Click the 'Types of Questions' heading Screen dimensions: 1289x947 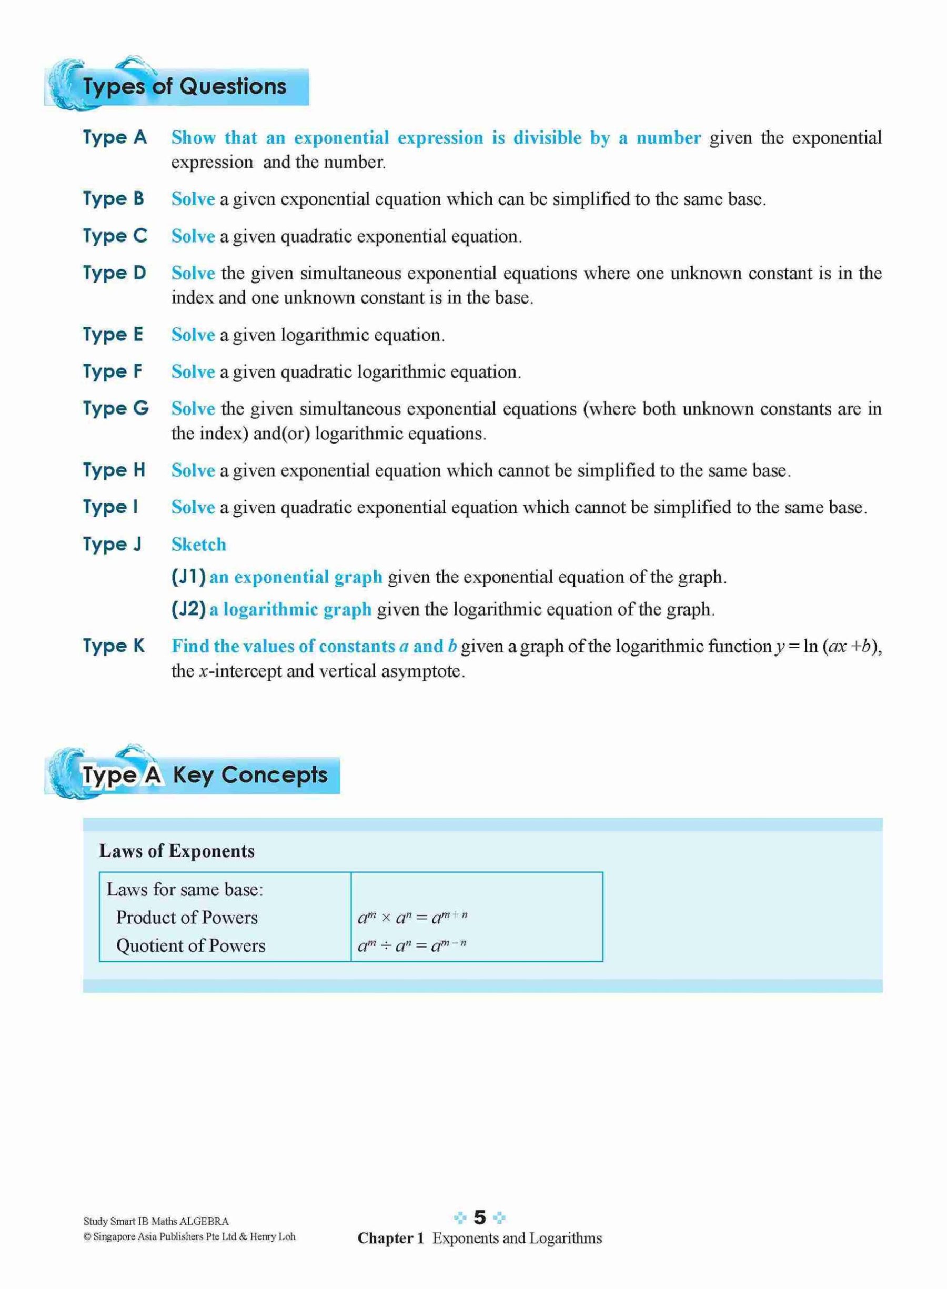point(184,86)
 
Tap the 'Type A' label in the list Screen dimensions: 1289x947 point(115,137)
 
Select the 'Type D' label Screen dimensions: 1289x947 point(115,273)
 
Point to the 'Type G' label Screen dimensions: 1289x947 point(115,408)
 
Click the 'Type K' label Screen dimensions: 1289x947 point(114,646)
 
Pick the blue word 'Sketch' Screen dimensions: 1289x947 point(198,545)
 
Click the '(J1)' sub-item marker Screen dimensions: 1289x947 point(188,577)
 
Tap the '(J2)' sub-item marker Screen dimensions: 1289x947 point(188,609)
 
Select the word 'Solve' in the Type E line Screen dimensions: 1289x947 point(193,335)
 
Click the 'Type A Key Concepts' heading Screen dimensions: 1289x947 point(205,775)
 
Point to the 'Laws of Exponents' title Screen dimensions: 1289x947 point(177,851)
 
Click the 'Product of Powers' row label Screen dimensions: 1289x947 point(187,918)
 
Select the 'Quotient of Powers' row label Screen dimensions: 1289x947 point(190,945)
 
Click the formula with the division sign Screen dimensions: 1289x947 point(411,945)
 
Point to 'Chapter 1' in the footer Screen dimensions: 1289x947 point(390,1238)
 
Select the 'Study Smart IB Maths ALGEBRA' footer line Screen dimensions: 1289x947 point(156,1221)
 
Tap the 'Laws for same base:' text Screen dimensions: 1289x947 point(185,890)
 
